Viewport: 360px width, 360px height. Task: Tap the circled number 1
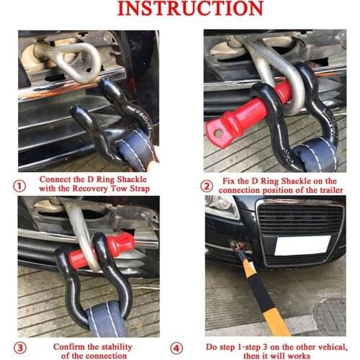click(x=20, y=184)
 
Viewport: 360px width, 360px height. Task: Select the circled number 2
click(x=206, y=184)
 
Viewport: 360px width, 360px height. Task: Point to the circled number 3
click(x=20, y=348)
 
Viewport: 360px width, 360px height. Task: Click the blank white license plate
click(x=302, y=246)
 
